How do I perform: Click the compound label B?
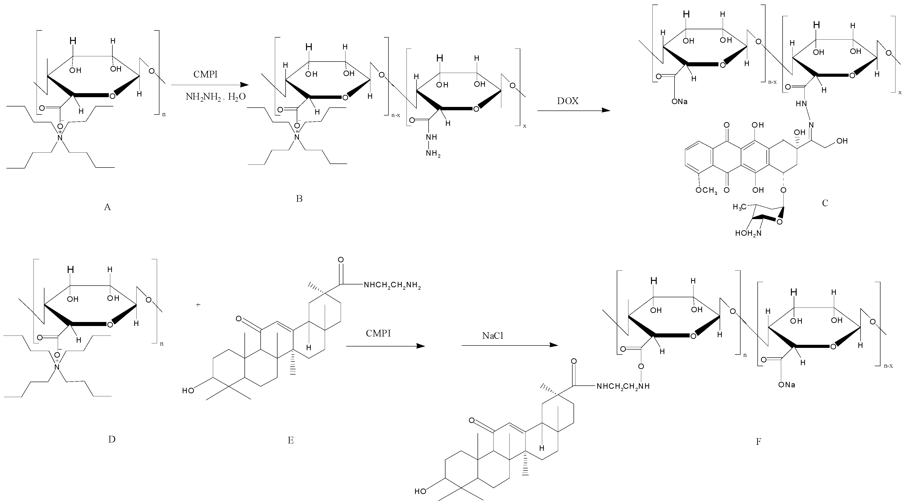tap(299, 199)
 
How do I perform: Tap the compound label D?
tap(112, 439)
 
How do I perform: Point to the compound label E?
tap(291, 440)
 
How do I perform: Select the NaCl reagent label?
tap(493, 336)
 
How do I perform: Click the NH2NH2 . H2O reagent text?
tap(216, 97)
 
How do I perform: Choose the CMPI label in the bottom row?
tap(378, 333)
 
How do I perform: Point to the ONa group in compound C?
tap(679, 102)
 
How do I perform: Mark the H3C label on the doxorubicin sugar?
tap(739, 207)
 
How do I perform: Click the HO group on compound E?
tap(188, 390)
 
